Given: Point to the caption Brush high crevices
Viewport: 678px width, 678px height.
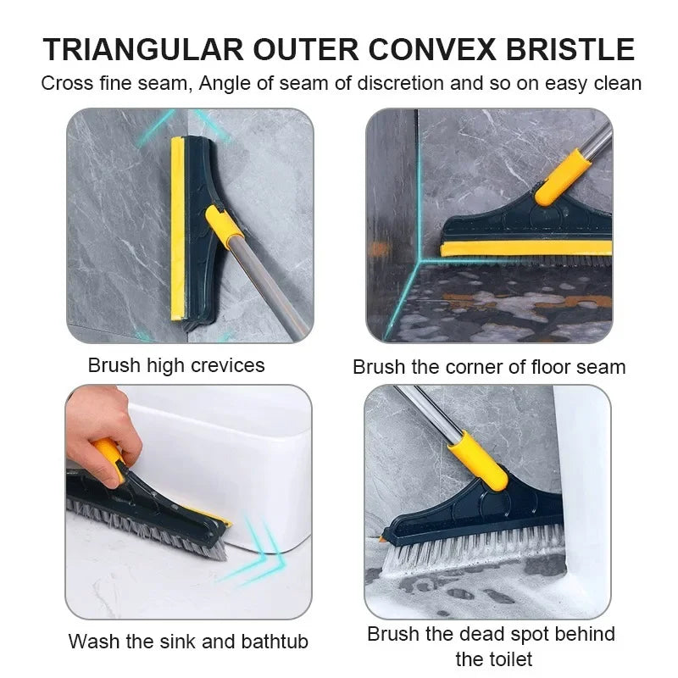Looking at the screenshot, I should point(176,365).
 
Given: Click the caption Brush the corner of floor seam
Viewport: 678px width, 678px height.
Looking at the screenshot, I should point(489,367).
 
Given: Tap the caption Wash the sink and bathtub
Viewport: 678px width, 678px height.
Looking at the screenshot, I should point(188,641).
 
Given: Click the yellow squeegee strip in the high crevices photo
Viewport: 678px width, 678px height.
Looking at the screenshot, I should point(178,229).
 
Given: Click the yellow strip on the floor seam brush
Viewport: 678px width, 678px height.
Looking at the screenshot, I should point(525,247).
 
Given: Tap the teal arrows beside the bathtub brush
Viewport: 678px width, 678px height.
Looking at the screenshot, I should point(254,547).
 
